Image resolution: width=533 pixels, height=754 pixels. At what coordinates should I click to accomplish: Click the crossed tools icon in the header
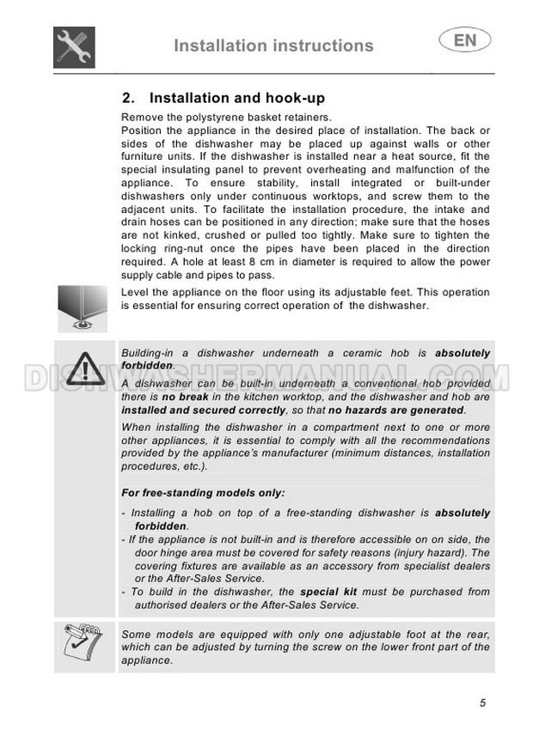click(74, 45)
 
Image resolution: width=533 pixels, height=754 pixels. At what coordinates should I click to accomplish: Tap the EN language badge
click(465, 40)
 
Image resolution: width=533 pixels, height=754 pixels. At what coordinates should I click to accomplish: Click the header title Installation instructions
click(273, 46)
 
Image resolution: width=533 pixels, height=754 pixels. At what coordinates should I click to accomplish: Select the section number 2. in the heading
click(129, 98)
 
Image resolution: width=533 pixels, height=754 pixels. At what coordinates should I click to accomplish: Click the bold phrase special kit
click(328, 592)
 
